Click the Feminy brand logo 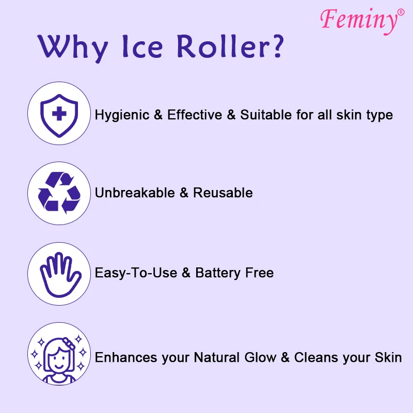click(358, 20)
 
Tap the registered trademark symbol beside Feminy click(401, 11)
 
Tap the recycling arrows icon click(59, 193)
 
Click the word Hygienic click(122, 115)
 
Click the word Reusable click(223, 193)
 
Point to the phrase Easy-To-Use click(136, 273)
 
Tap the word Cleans click(315, 357)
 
